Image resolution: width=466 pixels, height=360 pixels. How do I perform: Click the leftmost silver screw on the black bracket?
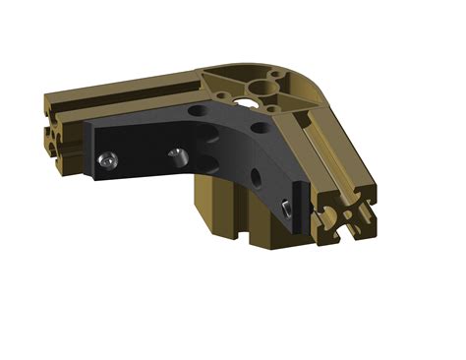pos(106,159)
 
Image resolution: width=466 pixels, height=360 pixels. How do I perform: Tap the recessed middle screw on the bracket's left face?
pos(178,154)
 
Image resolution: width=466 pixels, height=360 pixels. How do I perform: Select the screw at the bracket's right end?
pos(285,208)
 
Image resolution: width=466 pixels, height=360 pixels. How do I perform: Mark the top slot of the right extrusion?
pos(329,148)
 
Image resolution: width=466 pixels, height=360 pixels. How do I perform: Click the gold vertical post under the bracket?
pos(221,207)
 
